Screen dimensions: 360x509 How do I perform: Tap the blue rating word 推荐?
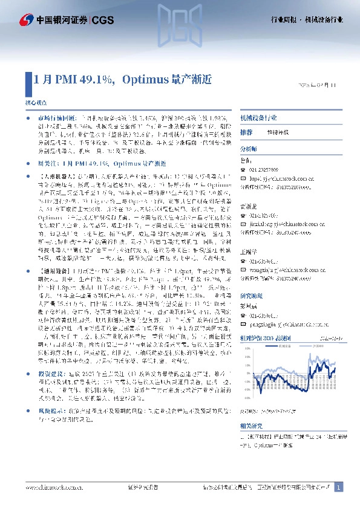click(246, 132)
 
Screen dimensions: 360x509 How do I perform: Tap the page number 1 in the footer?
click(339, 487)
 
